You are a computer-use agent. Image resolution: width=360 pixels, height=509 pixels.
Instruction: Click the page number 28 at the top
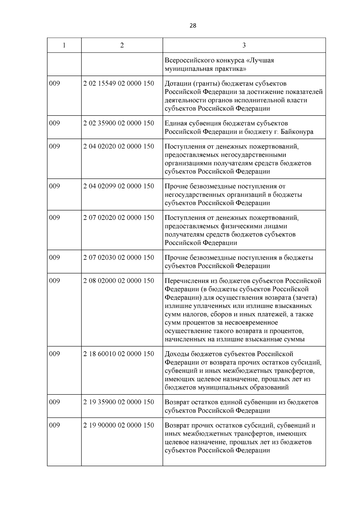[x=193, y=26]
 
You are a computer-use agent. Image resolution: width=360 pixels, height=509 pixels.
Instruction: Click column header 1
[x=64, y=45]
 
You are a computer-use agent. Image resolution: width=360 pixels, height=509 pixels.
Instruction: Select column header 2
[x=122, y=45]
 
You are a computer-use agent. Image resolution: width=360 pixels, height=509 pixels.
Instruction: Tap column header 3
[x=244, y=45]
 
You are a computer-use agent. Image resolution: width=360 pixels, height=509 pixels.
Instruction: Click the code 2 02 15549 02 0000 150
[x=119, y=83]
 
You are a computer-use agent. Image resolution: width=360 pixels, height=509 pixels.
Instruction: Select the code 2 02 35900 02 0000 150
[x=119, y=123]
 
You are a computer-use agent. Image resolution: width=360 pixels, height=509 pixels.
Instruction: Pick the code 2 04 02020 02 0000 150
[x=119, y=146]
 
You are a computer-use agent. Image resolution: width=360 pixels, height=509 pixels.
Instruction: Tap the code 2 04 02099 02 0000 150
[x=119, y=186]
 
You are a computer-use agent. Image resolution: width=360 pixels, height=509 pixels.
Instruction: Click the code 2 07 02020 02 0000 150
[x=119, y=218]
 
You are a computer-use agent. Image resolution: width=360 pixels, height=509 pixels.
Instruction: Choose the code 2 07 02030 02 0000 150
[x=119, y=258]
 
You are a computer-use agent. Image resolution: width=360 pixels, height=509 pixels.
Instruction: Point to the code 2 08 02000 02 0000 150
[x=119, y=281]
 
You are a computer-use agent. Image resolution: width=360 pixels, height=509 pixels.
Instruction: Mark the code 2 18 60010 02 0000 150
[x=119, y=354]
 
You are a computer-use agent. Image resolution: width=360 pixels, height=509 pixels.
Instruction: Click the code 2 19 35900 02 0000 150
[x=119, y=402]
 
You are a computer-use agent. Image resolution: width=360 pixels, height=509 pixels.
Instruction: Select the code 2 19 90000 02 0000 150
[x=119, y=425]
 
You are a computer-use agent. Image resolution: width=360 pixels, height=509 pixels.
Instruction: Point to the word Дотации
[x=177, y=83]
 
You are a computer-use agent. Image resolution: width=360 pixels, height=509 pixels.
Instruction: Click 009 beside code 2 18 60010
[x=55, y=354]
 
